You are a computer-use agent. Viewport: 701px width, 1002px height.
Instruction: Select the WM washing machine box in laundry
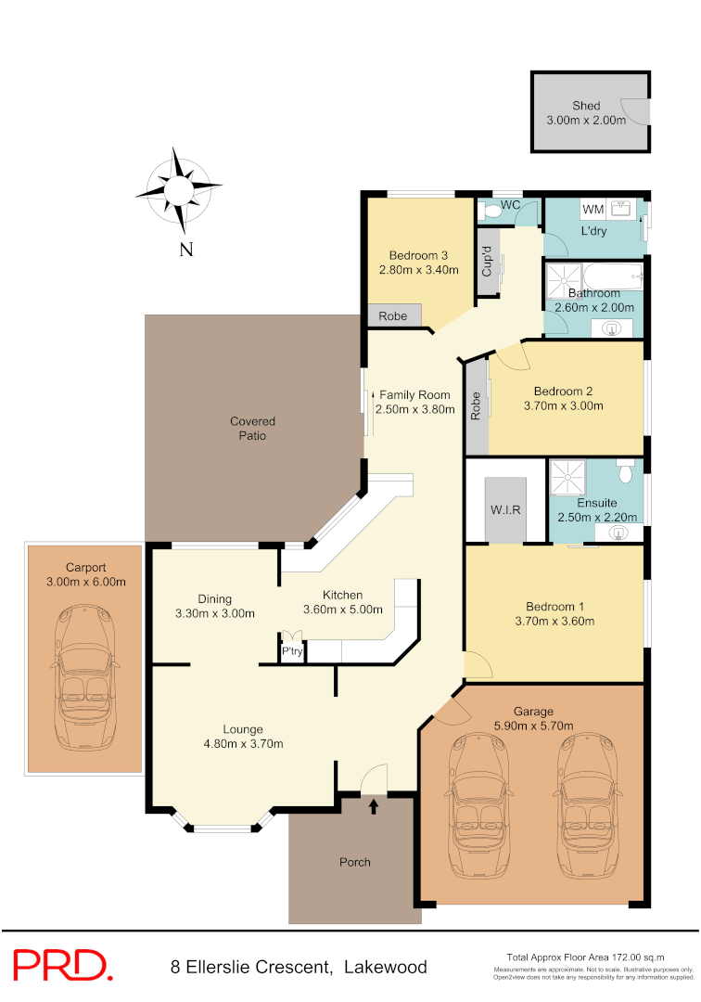click(593, 211)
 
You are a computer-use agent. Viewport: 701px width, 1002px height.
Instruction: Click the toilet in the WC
click(492, 212)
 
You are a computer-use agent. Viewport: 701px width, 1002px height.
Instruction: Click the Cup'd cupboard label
click(486, 263)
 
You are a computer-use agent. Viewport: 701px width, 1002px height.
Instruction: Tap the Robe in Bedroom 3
click(393, 315)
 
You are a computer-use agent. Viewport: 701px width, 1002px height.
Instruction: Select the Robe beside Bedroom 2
click(476, 407)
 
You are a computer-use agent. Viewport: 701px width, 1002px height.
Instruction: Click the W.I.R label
click(505, 509)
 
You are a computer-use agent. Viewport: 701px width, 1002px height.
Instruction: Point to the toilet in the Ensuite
click(625, 473)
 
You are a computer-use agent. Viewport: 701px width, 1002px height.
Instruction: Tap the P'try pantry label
click(292, 652)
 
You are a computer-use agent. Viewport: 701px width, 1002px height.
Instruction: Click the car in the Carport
click(84, 678)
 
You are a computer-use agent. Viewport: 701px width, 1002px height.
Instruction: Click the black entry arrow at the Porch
click(374, 807)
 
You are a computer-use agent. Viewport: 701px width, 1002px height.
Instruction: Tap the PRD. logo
click(62, 966)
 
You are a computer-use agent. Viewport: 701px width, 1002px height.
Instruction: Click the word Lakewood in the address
click(386, 967)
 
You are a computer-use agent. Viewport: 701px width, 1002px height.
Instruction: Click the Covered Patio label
click(253, 429)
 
